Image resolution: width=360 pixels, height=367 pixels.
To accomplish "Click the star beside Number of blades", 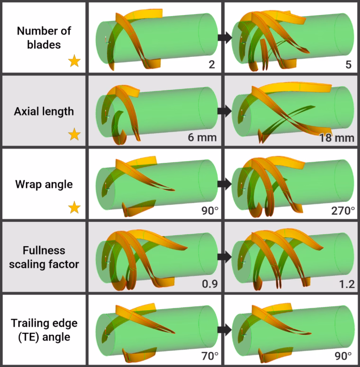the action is click(x=74, y=61).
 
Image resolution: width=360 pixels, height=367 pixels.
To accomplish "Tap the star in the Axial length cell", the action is click(x=74, y=134).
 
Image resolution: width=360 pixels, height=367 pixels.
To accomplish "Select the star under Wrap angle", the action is click(x=74, y=207).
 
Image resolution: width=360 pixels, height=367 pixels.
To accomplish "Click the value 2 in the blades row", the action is click(x=212, y=64).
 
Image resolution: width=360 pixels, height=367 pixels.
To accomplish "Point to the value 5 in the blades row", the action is click(x=348, y=64).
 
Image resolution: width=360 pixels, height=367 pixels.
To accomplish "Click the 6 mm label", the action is click(x=202, y=138).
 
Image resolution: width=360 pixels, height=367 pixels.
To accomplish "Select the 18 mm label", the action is click(x=337, y=138).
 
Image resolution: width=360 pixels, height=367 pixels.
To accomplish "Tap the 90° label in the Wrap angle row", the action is click(x=210, y=211).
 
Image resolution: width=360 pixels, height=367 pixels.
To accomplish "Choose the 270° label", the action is click(x=343, y=211).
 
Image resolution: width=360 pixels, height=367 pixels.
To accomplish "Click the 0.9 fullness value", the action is click(x=210, y=284).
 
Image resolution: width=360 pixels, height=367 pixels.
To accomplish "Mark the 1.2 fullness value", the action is click(x=347, y=284).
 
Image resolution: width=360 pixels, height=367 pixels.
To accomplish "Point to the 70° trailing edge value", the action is click(x=210, y=356).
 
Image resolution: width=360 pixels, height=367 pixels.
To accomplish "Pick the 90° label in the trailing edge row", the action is click(x=343, y=356).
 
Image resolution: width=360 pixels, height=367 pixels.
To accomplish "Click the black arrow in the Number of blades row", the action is click(x=225, y=37).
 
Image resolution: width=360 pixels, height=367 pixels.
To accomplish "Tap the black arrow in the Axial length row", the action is click(x=225, y=110).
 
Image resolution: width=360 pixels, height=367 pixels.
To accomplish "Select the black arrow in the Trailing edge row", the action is click(x=225, y=330).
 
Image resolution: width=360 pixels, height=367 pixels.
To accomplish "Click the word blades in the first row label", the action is click(x=44, y=45).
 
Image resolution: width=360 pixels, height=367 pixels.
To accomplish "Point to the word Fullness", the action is click(x=44, y=250).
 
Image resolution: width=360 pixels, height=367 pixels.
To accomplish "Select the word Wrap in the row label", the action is click(x=28, y=185).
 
